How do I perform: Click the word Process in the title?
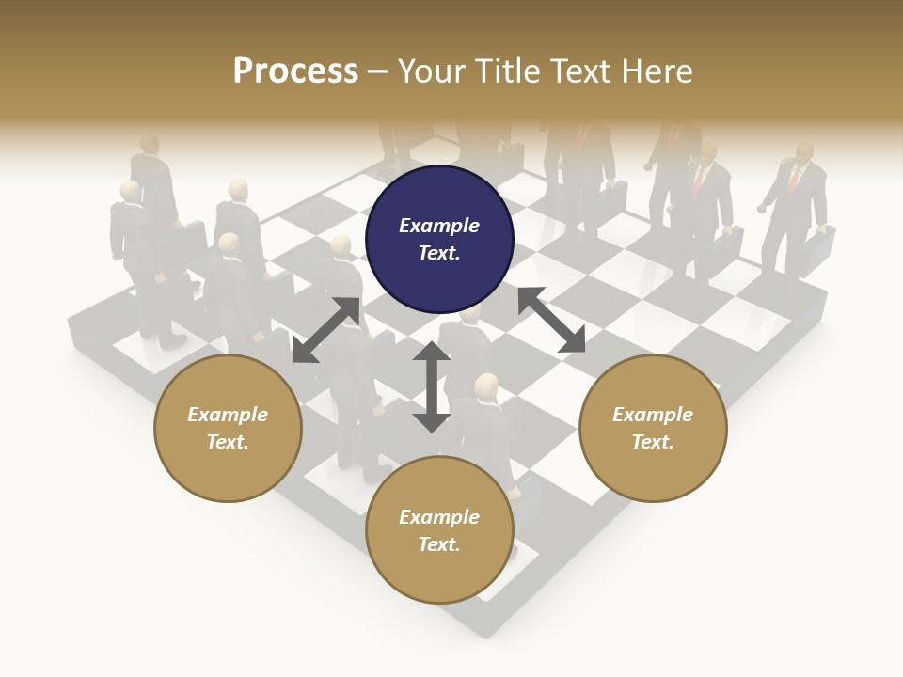[295, 71]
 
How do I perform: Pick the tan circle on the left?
[228, 428]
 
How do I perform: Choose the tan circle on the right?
[653, 428]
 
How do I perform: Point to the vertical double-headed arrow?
[431, 386]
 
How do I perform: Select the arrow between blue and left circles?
[325, 329]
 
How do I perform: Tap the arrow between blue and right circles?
[552, 320]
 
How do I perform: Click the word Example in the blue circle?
[439, 226]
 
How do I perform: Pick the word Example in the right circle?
[653, 415]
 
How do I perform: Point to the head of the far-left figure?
[130, 192]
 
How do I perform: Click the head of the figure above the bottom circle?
[486, 386]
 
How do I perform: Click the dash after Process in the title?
[377, 71]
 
